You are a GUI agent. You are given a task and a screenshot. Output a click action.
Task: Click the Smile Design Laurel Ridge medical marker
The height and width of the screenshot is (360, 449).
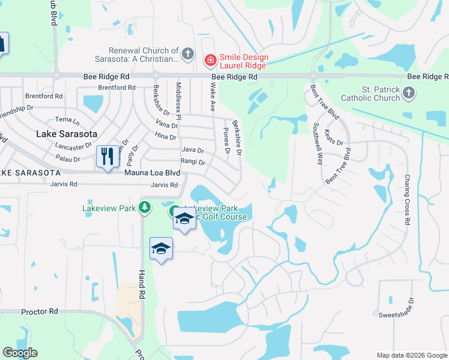pyautogui.click(x=210, y=59)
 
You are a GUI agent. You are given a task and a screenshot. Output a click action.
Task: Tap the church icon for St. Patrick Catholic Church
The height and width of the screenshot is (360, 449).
pyautogui.click(x=409, y=93)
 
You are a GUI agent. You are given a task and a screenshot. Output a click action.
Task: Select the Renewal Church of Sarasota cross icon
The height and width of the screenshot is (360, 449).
pyautogui.click(x=187, y=55)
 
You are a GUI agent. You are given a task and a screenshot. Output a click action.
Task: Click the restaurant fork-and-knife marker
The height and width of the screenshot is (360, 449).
pyautogui.click(x=107, y=157)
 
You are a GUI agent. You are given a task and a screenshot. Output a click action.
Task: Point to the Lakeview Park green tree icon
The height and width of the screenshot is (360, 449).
pyautogui.click(x=144, y=208)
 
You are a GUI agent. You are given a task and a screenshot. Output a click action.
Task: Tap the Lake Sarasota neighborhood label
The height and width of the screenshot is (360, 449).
pyautogui.click(x=67, y=134)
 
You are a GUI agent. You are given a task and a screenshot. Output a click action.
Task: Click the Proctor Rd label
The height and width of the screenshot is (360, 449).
pyautogui.click(x=39, y=312)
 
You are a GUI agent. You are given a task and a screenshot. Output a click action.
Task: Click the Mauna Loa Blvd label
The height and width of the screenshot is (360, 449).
pyautogui.click(x=152, y=173)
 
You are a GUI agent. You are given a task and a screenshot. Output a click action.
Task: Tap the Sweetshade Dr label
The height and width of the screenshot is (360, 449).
pyautogui.click(x=396, y=314)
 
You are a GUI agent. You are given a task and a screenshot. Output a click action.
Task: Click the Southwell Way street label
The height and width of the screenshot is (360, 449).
pyautogui.click(x=318, y=143)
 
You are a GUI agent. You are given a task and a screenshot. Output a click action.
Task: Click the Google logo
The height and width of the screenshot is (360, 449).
pyautogui.click(x=20, y=353)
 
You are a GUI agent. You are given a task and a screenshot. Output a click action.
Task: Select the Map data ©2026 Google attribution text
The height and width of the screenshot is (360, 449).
pyautogui.click(x=412, y=355)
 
